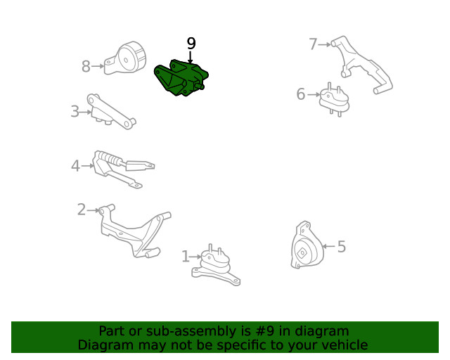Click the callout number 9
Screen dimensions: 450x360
pyautogui.click(x=191, y=44)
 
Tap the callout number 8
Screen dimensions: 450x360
pyautogui.click(x=86, y=66)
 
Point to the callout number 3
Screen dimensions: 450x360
pyautogui.click(x=75, y=111)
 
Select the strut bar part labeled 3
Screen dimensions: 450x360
pyautogui.click(x=111, y=111)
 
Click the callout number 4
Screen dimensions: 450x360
pyautogui.click(x=75, y=166)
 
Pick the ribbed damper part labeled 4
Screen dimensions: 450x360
pyautogui.click(x=124, y=169)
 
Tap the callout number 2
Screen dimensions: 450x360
pyautogui.click(x=82, y=210)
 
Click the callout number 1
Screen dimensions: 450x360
pyautogui.click(x=186, y=257)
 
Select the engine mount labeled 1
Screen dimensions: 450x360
pyautogui.click(x=216, y=265)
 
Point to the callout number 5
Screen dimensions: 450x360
pyautogui.click(x=341, y=247)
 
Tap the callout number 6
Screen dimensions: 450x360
pyautogui.click(x=300, y=94)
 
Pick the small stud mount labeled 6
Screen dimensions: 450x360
pyautogui.click(x=335, y=100)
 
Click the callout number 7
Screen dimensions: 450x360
pyautogui.click(x=313, y=44)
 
